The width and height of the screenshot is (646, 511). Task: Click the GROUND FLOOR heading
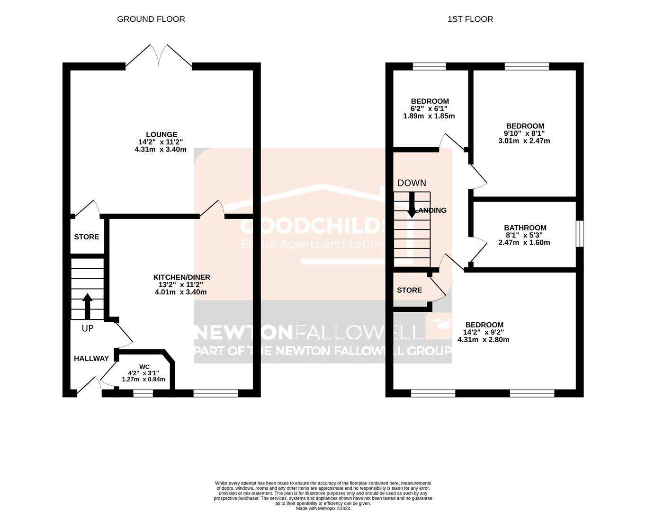pos(151,19)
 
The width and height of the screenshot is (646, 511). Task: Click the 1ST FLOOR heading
pos(470,19)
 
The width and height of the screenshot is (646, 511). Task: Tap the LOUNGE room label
pos(161,135)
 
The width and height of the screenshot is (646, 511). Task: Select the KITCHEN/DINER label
pos(181,277)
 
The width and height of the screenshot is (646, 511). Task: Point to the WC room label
pos(144,367)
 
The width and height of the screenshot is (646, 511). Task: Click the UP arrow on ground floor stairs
pos(87,307)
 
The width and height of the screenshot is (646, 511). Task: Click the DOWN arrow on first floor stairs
pos(412,204)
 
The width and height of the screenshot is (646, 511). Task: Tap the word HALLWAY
pos(91,359)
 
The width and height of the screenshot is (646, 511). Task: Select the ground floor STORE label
pos(86,237)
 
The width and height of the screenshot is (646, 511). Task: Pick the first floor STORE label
pos(409,290)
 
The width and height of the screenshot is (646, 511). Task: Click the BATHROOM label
pos(525,228)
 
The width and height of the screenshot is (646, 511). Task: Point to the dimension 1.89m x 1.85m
pos(429,116)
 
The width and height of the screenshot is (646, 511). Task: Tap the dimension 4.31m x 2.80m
pos(483,339)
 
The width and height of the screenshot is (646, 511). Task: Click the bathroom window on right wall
pos(580,234)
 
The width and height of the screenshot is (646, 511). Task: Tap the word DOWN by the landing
pos(411,183)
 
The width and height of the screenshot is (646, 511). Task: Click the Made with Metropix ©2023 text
pos(323,508)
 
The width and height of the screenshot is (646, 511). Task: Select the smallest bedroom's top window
pos(429,66)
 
